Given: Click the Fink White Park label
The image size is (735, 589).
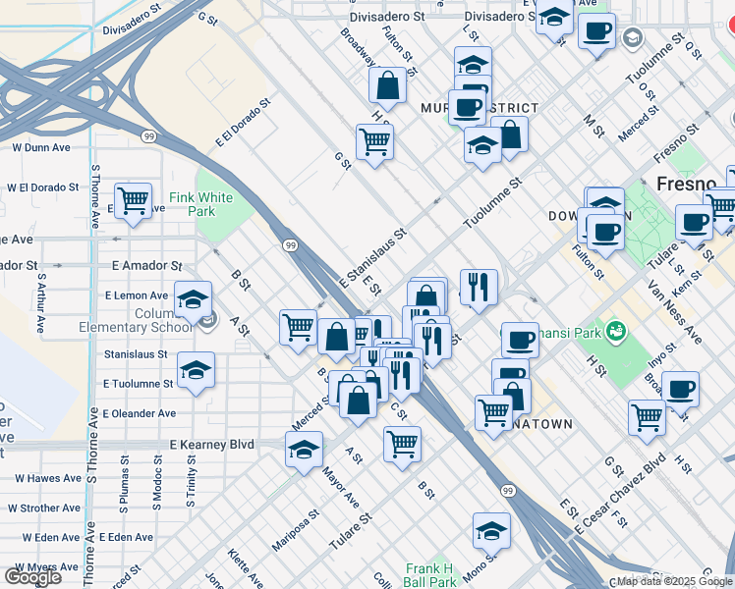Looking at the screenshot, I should (201, 204).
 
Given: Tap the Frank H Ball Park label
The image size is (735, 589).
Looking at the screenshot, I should (430, 575).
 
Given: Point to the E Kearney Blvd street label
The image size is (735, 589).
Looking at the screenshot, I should (211, 445).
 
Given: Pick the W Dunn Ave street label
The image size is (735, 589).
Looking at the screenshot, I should (41, 148).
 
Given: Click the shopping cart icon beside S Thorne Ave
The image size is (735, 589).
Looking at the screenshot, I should (133, 200).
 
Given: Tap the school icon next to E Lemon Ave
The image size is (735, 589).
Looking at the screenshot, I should (194, 298).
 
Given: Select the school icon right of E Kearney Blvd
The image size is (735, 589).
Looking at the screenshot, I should (305, 451).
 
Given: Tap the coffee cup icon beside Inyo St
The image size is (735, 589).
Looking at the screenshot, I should (680, 389).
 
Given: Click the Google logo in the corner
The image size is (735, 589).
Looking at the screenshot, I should (32, 577).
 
